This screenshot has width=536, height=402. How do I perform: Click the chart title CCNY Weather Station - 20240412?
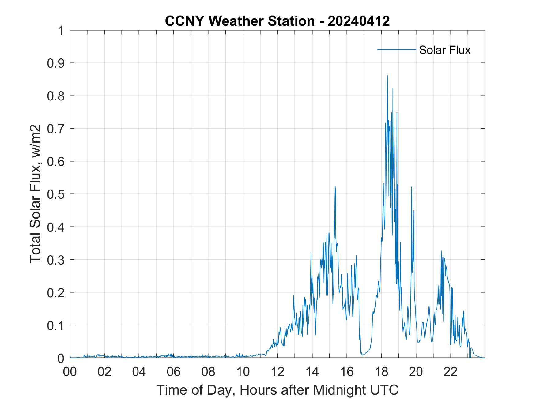point(277,21)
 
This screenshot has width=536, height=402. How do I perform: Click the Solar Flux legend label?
point(444,50)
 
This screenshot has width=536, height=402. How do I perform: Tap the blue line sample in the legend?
point(396,49)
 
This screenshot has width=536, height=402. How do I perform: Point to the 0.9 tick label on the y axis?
point(56,63)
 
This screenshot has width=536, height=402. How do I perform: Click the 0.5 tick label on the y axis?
point(56,194)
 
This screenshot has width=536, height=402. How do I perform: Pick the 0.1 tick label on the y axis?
point(56,325)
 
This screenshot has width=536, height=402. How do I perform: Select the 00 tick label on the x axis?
point(70,372)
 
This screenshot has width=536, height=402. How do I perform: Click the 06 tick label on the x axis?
point(174,372)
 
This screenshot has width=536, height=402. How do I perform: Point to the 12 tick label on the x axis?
point(277,372)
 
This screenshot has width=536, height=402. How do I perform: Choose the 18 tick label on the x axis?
point(381,372)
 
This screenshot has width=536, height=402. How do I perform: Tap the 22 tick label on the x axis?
point(451,372)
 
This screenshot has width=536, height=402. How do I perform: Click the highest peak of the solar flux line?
point(387,76)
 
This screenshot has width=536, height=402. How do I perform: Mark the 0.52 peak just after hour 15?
point(335,187)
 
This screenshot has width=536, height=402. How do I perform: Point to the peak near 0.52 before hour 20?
point(411,187)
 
